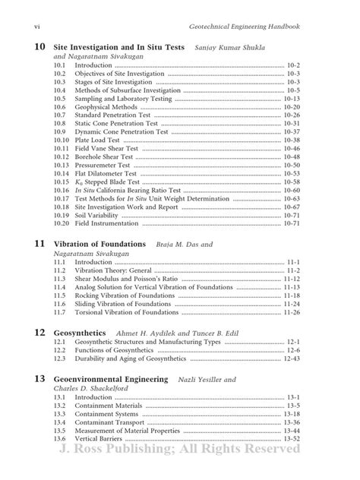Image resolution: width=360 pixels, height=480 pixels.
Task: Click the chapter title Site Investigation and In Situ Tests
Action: pos(119,47)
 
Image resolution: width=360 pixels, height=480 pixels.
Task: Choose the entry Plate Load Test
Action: pos(97,141)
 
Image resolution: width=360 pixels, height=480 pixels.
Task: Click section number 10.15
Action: pos(62,182)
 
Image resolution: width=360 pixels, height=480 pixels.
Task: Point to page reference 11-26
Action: pos(292,312)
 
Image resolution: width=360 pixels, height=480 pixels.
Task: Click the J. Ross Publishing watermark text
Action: pos(179,448)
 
